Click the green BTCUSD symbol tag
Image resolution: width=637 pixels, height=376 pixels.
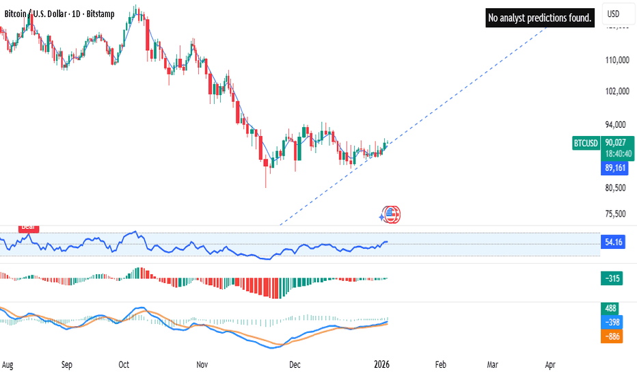pos(586,143)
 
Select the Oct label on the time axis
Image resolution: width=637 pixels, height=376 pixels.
pos(124,365)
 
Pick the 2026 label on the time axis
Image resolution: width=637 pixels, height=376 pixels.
pos(383,365)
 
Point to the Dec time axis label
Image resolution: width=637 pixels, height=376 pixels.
pos(295,365)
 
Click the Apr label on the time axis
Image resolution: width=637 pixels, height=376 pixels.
pos(551,365)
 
